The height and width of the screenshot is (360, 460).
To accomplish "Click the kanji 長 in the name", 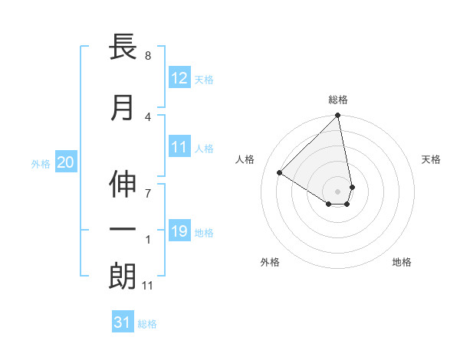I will click(x=123, y=47).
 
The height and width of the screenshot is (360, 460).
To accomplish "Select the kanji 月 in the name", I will click(x=123, y=109).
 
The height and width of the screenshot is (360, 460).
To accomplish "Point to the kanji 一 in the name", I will click(x=123, y=231).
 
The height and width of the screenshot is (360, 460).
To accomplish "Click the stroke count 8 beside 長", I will click(x=148, y=56).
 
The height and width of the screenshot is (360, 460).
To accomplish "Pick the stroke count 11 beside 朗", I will click(x=148, y=286).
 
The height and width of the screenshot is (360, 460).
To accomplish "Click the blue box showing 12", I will click(x=179, y=78).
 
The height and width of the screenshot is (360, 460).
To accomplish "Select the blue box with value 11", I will click(x=179, y=147).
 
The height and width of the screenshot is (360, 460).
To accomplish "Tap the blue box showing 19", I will click(x=179, y=231).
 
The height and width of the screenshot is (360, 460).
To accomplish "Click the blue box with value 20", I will click(x=66, y=162).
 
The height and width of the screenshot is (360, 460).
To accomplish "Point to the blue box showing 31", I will click(x=123, y=322).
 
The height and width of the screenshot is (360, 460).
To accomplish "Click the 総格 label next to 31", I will click(x=147, y=324).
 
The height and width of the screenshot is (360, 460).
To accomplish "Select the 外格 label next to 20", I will click(x=41, y=163).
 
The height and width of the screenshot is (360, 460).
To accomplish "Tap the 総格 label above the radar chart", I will click(x=338, y=100).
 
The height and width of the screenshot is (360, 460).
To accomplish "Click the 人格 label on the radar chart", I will click(x=245, y=159).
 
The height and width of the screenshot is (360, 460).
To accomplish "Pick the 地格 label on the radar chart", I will click(x=402, y=262).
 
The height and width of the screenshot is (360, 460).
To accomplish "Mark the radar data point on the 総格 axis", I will click(x=338, y=116).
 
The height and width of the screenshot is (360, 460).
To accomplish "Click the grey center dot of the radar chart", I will click(x=338, y=191).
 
